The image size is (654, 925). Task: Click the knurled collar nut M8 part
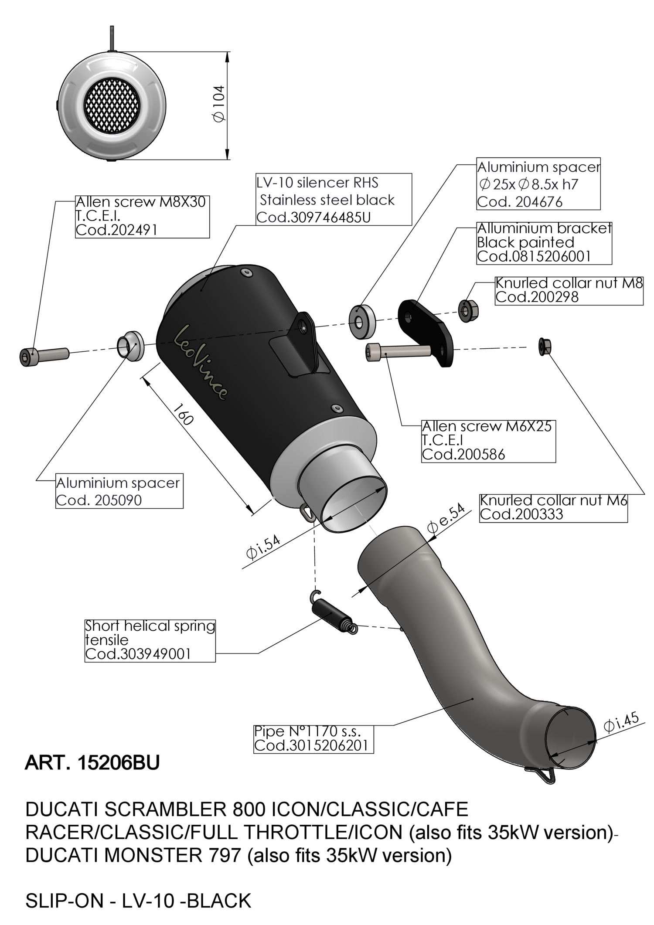pyautogui.click(x=468, y=310)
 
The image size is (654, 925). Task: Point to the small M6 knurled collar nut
pyautogui.click(x=545, y=346)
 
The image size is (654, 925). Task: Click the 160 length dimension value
pyautogui.click(x=183, y=414)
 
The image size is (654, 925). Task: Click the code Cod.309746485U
pyautogui.click(x=313, y=217)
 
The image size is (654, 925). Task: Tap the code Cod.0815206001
pyautogui.click(x=534, y=256)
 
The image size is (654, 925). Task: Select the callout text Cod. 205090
pyautogui.click(x=99, y=500)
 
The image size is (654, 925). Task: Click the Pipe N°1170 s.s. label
pyautogui.click(x=307, y=731)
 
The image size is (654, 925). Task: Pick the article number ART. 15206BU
pyautogui.click(x=92, y=762)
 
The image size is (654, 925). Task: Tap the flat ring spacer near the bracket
pyautogui.click(x=362, y=322)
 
